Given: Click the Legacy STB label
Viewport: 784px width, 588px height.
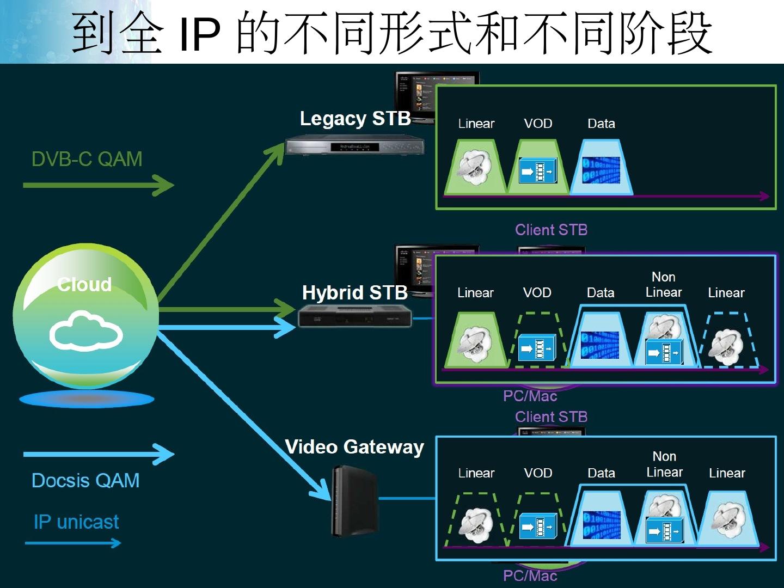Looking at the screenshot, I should click(x=355, y=119).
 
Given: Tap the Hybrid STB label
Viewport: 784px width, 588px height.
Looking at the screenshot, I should click(x=354, y=293).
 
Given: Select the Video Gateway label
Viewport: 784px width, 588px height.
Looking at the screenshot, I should click(x=354, y=447).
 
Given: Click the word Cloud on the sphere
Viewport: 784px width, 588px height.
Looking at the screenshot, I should click(x=84, y=284).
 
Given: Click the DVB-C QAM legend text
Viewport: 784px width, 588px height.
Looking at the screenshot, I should click(x=87, y=159).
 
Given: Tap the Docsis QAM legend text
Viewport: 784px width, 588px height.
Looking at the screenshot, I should click(x=85, y=481).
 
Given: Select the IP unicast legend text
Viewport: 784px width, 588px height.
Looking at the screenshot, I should click(x=76, y=522).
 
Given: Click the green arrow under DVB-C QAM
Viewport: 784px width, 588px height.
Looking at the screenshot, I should click(x=98, y=185).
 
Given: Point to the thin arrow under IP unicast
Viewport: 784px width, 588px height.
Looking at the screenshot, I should click(x=73, y=543).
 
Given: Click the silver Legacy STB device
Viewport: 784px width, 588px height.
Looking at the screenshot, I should click(x=355, y=147).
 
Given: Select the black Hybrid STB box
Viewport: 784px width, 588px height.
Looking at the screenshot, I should click(x=355, y=316).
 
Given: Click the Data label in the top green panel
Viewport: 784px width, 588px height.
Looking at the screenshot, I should click(x=601, y=124).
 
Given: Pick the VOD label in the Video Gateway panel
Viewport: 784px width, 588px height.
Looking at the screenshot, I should click(x=538, y=473).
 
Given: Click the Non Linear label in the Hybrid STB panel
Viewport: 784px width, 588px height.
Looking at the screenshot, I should click(x=664, y=285).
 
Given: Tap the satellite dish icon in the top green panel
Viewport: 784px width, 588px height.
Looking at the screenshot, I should click(x=474, y=168).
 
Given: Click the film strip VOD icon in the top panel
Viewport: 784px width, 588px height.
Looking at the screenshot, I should click(x=538, y=171).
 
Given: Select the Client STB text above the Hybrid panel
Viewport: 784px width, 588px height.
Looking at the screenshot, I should click(x=551, y=230).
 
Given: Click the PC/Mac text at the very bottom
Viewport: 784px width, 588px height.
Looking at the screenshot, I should click(x=530, y=576).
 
